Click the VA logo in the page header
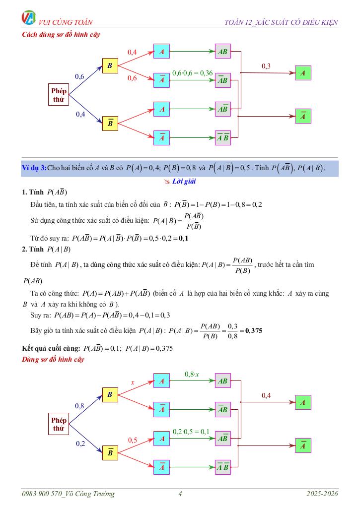point(29,18)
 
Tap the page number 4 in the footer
point(180,494)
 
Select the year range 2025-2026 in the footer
point(322,494)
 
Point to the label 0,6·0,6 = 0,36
point(192,73)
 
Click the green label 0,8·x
point(192,374)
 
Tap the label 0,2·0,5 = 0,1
point(191,432)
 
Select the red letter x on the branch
point(133,382)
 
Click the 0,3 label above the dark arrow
point(266,66)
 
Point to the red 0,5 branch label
point(133,440)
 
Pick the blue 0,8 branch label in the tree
point(79,406)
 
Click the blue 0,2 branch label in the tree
point(80,444)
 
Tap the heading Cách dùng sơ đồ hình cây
point(61,35)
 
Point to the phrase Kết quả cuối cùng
point(51,348)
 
